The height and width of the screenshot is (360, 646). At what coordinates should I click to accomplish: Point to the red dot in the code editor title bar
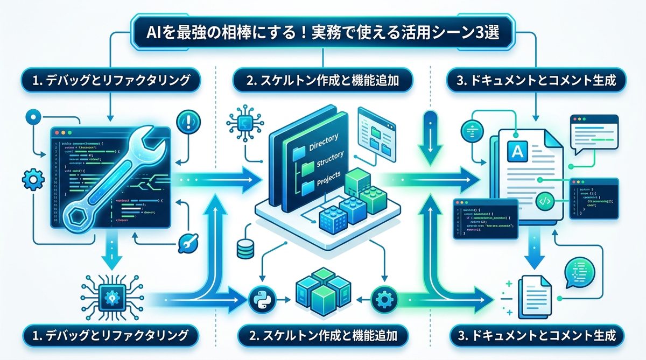click(x=55, y=132)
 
